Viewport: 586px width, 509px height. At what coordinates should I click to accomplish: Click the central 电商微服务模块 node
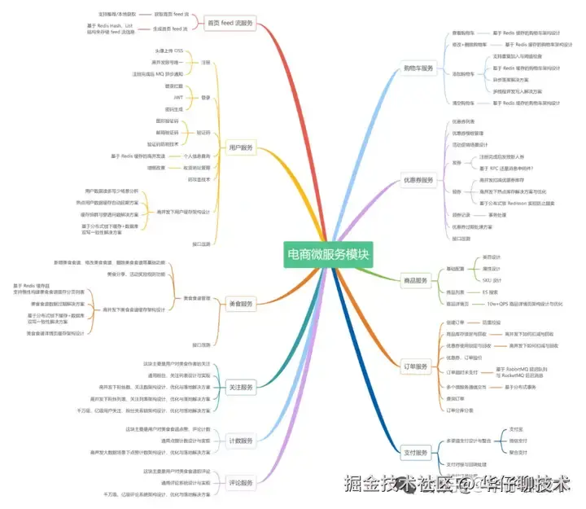[x=327, y=253]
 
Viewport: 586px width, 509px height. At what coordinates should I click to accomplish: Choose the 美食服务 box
[x=240, y=304]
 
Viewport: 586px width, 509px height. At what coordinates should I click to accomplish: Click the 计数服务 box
[x=240, y=441]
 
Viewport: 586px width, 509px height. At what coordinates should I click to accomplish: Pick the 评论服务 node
[x=240, y=480]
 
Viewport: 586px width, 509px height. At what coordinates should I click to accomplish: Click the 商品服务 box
[x=416, y=280]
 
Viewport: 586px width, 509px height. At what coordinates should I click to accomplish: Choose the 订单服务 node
[x=417, y=366]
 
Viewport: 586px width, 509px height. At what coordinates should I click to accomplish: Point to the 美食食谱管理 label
[x=197, y=298]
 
